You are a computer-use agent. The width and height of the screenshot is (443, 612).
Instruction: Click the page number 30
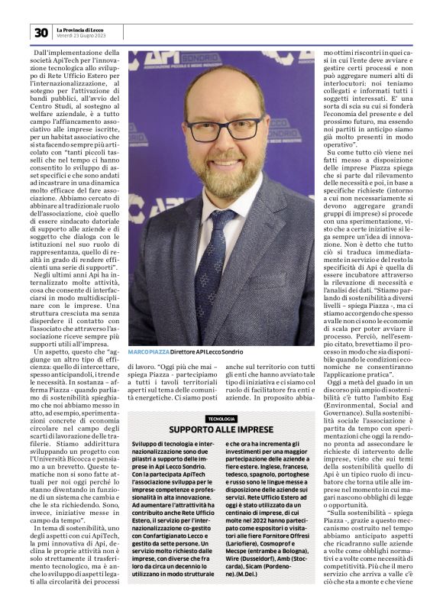(40, 32)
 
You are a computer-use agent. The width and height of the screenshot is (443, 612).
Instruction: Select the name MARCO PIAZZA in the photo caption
(148, 351)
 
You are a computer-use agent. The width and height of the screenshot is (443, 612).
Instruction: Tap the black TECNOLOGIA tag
(221, 419)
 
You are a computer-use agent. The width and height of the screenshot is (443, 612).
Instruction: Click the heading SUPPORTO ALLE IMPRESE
(221, 431)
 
